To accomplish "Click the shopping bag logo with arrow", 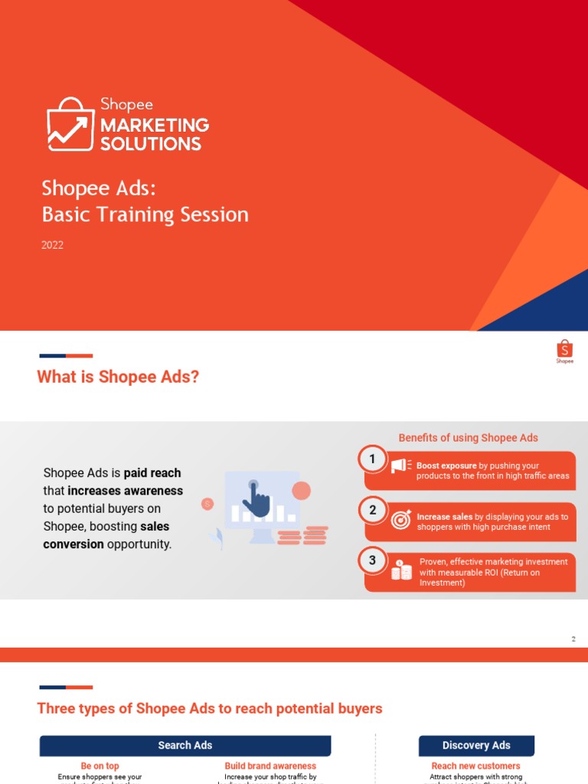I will [x=70, y=124].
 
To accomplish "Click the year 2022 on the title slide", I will [x=53, y=245].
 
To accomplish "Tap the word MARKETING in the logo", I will [x=155, y=125].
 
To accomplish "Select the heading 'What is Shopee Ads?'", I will [x=118, y=377].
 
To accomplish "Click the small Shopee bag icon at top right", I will [x=564, y=350].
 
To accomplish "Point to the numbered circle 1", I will [x=373, y=459].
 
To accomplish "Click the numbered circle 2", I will [x=373, y=510].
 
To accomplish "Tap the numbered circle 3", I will [x=373, y=560].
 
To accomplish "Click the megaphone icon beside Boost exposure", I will [x=400, y=465].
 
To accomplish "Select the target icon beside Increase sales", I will [x=401, y=519].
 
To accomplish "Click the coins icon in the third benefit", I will [x=401, y=570].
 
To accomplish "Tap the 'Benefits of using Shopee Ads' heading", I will [x=468, y=438].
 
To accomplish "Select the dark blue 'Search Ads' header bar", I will [x=185, y=745].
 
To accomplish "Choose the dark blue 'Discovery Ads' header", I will [x=476, y=745].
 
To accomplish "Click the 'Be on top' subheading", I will [x=100, y=766].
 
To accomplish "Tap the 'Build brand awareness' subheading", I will [x=270, y=766].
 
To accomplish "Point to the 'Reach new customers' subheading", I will [x=475, y=766].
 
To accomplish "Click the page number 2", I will [x=573, y=639].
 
